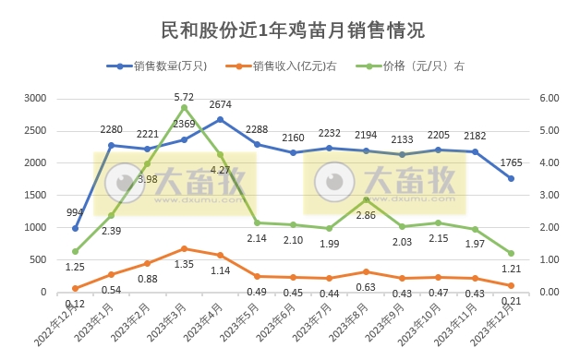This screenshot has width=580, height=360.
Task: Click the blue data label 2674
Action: click(x=221, y=104)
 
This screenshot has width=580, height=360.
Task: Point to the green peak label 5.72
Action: click(x=184, y=96)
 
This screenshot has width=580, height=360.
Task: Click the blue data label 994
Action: click(x=76, y=213)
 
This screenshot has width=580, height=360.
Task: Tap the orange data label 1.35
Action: click(x=184, y=264)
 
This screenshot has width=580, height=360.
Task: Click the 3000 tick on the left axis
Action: click(x=35, y=98)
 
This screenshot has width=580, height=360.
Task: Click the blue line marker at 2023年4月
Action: click(x=220, y=119)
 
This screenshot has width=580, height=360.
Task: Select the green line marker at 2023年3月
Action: click(x=184, y=107)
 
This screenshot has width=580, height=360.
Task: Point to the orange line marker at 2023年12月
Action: click(x=511, y=285)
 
